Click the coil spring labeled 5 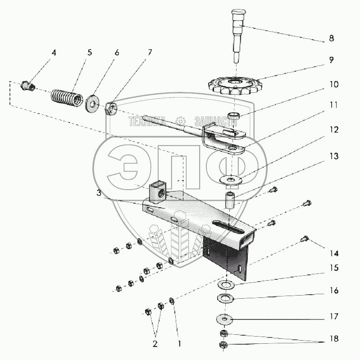pyautogui.click(x=67, y=98)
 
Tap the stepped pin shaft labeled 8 pyautogui.click(x=237, y=36)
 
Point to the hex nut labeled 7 pyautogui.click(x=111, y=108)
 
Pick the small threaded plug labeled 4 pyautogui.click(x=28, y=86)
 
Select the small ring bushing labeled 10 pyautogui.click(x=233, y=115)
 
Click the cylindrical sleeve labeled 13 pyautogui.click(x=231, y=201)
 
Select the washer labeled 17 pyautogui.click(x=224, y=319)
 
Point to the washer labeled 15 pyautogui.click(x=226, y=285)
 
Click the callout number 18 pyautogui.click(x=334, y=338)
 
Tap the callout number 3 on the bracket pyautogui.click(x=99, y=193)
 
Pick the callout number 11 pyautogui.click(x=333, y=105)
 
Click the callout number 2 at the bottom pyautogui.click(x=155, y=344)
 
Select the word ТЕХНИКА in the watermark pyautogui.click(x=147, y=121)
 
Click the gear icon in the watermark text pyautogui.click(x=181, y=121)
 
